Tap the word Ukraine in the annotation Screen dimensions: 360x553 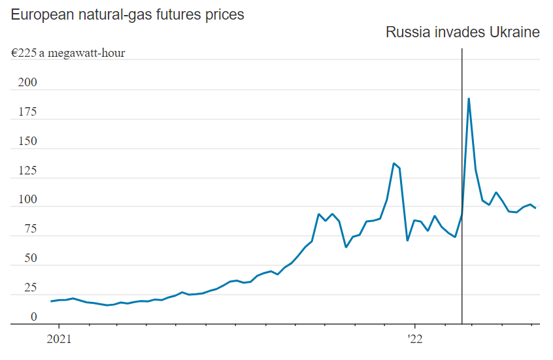(x=514, y=32)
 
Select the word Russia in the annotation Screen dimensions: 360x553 (x=407, y=32)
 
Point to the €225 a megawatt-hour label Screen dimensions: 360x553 (x=68, y=53)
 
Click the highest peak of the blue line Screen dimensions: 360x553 (x=469, y=99)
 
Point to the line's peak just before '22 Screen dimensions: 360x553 (x=394, y=163)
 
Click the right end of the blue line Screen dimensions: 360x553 (x=535, y=208)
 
